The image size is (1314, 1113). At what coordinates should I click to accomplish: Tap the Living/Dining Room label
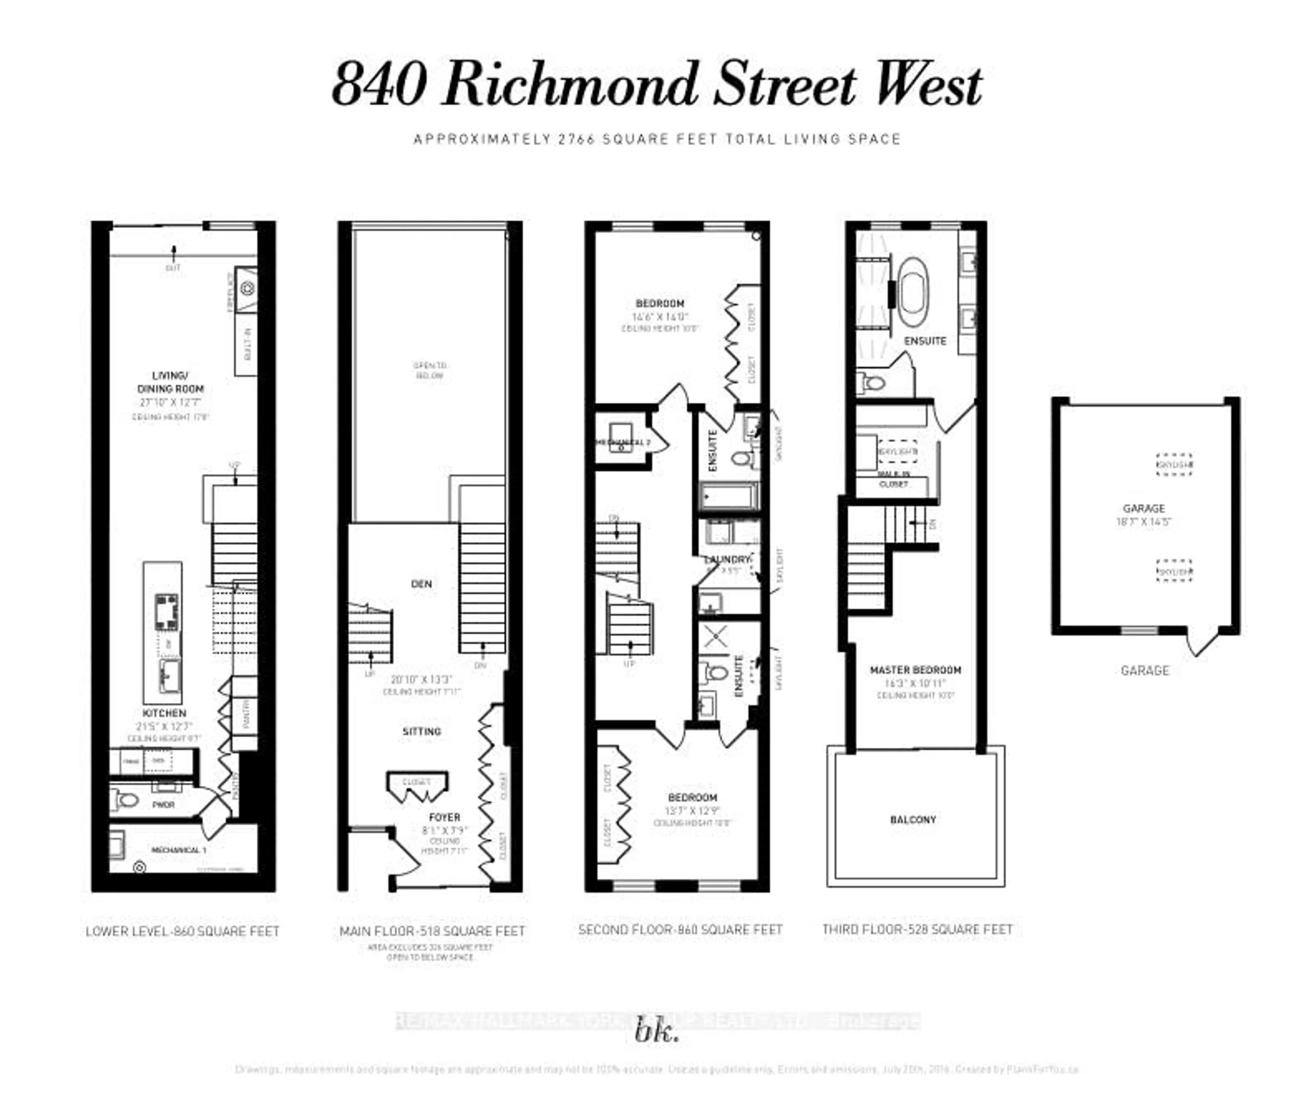[x=170, y=383]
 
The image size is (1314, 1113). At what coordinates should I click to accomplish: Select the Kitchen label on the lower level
[x=164, y=713]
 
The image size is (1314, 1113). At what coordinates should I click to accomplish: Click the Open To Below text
[x=430, y=370]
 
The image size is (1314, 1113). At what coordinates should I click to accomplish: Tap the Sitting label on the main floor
[x=422, y=731]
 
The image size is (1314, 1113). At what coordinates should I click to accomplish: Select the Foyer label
[x=444, y=817]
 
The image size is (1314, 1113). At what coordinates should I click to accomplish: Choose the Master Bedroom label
[x=915, y=670]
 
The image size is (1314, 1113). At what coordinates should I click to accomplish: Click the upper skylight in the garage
[x=1174, y=464]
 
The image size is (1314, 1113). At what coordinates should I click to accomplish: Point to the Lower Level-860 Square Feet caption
[x=182, y=931]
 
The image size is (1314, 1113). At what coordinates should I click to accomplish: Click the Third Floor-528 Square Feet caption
[x=918, y=929]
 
